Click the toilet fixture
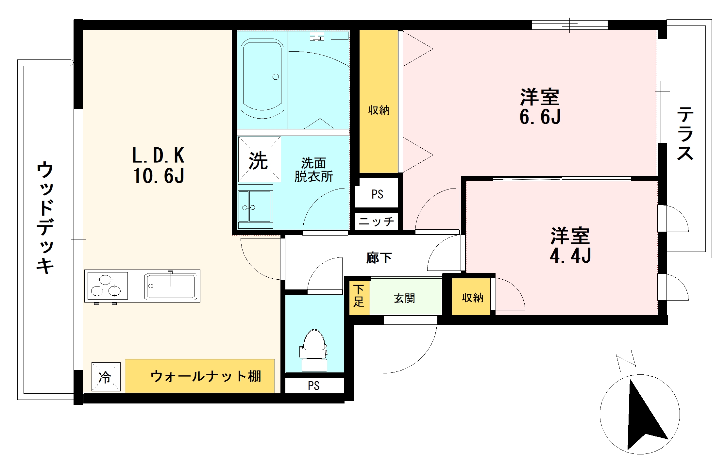coord(314,350)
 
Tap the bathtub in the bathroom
coord(262,78)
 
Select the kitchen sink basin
coord(171,286)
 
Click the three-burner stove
coord(106,286)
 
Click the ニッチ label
coord(377,222)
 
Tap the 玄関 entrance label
coord(404,298)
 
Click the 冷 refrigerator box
coord(106,377)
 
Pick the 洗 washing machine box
coord(259,159)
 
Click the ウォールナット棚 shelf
coord(200,376)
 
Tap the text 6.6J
coord(540,117)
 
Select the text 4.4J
coord(570,255)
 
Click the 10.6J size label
coord(159,175)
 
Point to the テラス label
coord(685,133)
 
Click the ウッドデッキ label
coord(45,217)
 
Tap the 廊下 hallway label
coord(379,258)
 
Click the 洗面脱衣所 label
coord(313,170)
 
